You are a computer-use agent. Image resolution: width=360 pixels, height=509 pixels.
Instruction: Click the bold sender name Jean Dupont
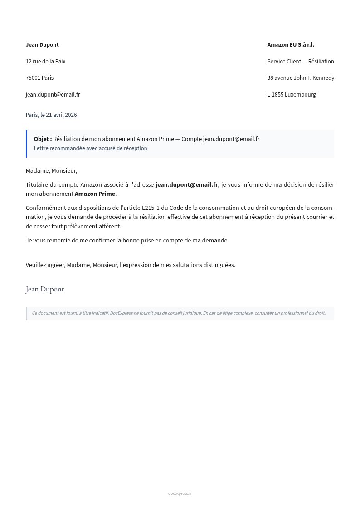[x=42, y=45]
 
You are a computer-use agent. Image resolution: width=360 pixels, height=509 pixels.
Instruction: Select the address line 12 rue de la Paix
[x=45, y=61]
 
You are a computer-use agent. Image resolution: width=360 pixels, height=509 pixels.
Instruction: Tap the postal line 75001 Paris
[x=39, y=78]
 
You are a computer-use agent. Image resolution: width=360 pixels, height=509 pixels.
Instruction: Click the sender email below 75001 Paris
[x=53, y=95]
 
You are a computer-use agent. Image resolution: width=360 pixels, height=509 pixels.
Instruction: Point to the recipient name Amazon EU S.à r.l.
[x=291, y=45]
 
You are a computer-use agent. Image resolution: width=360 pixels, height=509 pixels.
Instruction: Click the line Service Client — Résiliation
[x=301, y=61]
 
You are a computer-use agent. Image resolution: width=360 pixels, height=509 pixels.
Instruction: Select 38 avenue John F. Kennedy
[x=301, y=78]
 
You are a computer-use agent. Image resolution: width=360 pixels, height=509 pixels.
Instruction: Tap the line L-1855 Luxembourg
[x=292, y=95]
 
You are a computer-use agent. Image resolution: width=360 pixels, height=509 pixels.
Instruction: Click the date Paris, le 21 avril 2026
[x=51, y=115]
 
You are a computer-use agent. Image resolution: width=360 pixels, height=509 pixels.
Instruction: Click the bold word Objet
[x=42, y=139]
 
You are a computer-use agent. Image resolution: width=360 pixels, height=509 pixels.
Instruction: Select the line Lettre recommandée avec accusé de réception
[x=90, y=148]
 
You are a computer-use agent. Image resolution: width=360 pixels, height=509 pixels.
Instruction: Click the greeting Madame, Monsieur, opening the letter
[x=51, y=171]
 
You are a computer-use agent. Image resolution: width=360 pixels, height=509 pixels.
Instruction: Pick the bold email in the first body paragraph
[x=186, y=185]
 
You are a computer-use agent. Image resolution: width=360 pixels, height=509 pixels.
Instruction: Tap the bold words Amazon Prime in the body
[x=95, y=194]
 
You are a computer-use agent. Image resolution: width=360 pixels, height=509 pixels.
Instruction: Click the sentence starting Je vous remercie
[x=127, y=241]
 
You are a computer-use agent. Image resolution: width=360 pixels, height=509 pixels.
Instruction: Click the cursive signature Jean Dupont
[x=45, y=289]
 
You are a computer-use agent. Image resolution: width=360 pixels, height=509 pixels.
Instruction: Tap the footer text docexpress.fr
[x=180, y=494]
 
